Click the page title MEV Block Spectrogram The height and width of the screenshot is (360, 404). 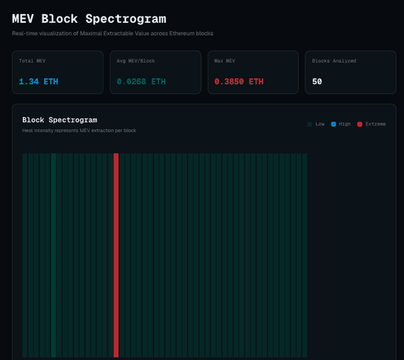[89, 19]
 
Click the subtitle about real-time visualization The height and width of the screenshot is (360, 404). [112, 33]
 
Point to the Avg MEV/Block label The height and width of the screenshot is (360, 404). [136, 61]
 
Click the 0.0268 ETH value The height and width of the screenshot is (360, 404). [141, 81]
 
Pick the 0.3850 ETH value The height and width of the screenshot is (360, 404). [239, 81]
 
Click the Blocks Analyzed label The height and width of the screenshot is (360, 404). [334, 61]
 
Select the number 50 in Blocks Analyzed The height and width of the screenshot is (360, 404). [317, 81]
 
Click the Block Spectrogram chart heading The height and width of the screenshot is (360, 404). [59, 119]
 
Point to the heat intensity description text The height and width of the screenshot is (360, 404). [79, 131]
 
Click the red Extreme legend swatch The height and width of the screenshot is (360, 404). [360, 124]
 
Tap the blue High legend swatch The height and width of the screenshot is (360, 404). [333, 124]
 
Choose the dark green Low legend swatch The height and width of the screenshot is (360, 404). [310, 124]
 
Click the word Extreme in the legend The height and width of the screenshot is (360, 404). [376, 124]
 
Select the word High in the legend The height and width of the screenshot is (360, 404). [345, 124]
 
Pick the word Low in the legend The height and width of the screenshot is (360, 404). [320, 124]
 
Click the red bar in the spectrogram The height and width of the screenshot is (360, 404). [116, 253]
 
